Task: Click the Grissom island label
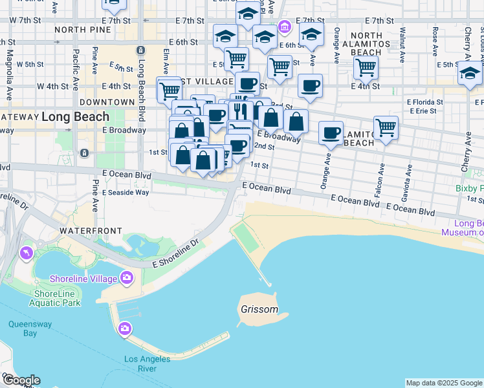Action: coord(259,310)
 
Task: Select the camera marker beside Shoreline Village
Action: coord(126,278)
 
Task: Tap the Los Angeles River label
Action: coord(148,363)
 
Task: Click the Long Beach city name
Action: coord(76,117)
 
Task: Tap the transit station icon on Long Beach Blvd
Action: coord(140,50)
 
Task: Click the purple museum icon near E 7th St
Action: coord(283,27)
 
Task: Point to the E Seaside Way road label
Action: coord(126,192)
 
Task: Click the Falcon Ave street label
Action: coord(382,175)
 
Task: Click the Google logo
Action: coord(21,380)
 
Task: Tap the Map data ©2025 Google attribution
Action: coord(444,383)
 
